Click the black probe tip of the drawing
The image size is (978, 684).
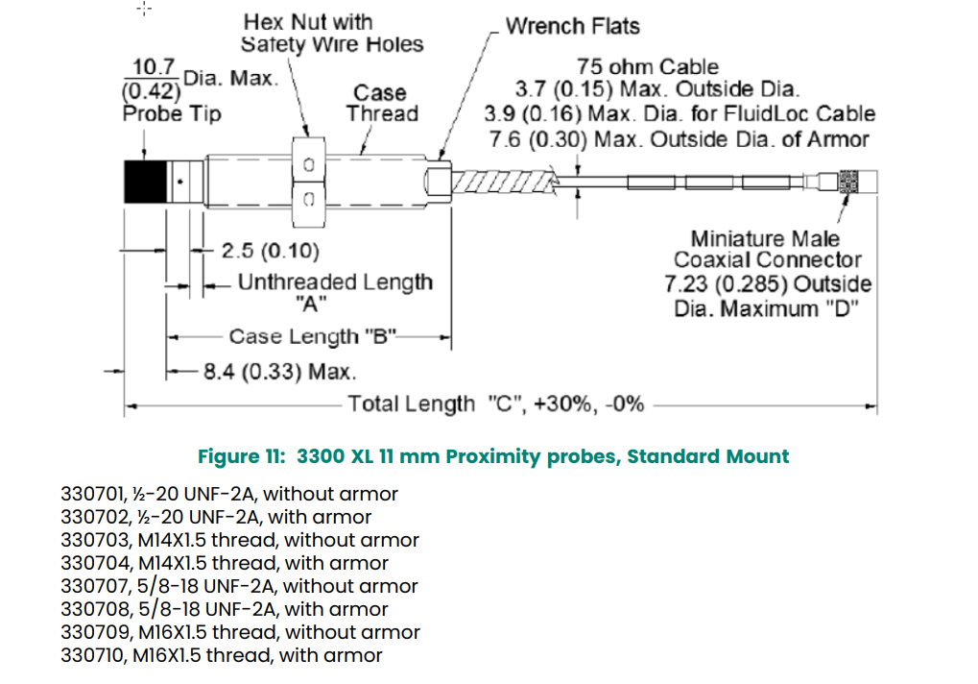pos(145,182)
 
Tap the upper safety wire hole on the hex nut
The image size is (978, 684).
pos(309,165)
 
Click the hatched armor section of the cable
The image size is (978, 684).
pos(503,182)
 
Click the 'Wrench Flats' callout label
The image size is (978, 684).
pos(573,26)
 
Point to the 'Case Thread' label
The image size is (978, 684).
pos(382,103)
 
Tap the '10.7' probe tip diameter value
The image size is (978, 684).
pos(155,66)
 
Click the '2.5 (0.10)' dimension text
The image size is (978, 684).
pos(270,251)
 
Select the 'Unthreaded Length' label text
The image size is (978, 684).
pos(335,282)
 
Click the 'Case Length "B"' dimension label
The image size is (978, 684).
pos(313,336)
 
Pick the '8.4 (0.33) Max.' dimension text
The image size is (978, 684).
pos(280,372)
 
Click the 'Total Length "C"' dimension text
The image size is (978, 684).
pos(496,403)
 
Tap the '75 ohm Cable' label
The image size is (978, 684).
pos(648,67)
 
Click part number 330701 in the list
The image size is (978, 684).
pos(93,494)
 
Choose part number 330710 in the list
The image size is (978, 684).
pos(93,655)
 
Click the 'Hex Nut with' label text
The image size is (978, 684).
pos(308,22)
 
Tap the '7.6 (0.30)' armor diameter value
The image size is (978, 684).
pos(537,139)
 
